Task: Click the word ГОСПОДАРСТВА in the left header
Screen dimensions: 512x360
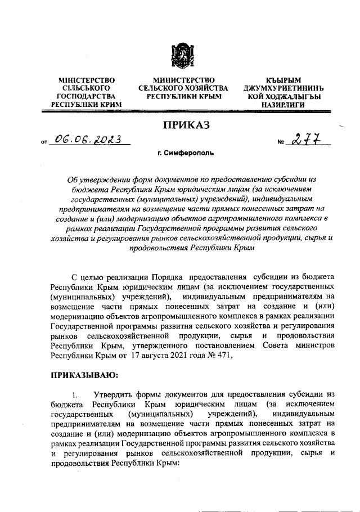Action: (87, 97)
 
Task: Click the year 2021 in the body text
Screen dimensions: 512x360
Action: (167, 355)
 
